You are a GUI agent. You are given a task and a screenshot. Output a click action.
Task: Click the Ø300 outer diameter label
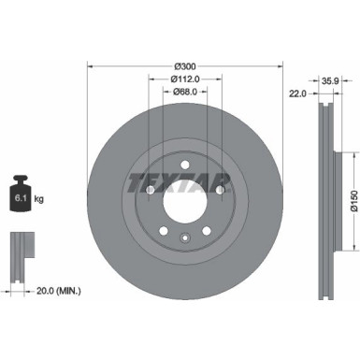185,65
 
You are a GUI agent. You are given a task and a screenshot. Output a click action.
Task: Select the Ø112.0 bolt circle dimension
185,79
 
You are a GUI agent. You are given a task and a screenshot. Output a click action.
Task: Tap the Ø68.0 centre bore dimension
185,92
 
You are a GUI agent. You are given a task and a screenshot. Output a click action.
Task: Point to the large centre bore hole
185,197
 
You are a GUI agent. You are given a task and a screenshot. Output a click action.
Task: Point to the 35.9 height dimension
328,79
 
